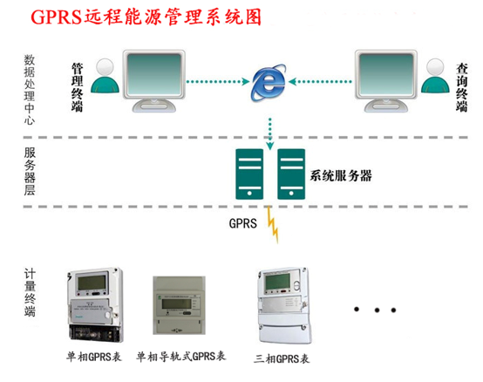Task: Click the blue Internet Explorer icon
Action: click(269, 83)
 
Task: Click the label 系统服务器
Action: click(341, 174)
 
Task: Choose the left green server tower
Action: click(248, 174)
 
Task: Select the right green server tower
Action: click(290, 174)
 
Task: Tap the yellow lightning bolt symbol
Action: click(274, 224)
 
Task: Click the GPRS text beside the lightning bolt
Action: click(241, 222)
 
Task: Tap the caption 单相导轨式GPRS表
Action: click(181, 358)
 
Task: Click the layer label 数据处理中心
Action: click(31, 91)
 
